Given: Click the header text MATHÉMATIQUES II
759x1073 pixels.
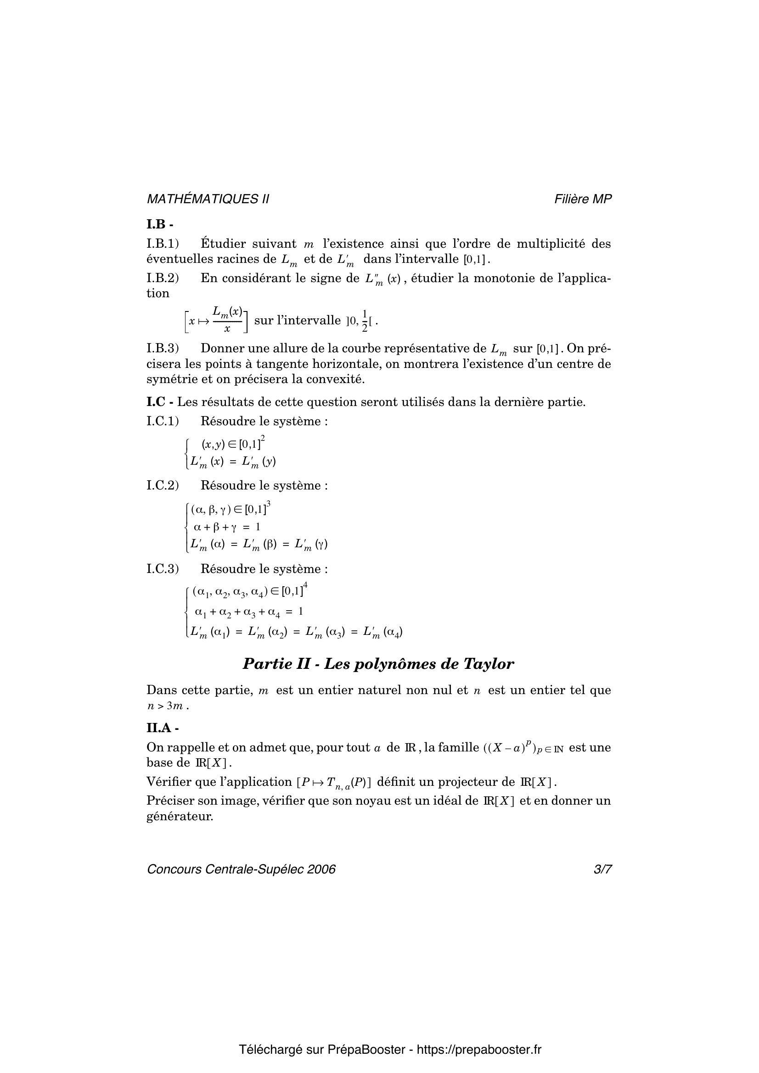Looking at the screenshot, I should [x=208, y=199].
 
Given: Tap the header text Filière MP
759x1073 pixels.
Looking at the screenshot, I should [x=583, y=199].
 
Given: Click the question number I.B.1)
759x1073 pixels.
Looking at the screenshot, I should [x=163, y=244].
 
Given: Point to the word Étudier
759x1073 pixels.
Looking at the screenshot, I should [x=222, y=244].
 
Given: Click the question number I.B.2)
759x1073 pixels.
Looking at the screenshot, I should [x=163, y=278].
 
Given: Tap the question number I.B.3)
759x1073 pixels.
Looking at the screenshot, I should [x=163, y=349].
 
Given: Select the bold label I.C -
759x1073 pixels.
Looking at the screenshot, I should [x=160, y=402].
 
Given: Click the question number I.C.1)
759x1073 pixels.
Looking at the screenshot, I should [x=163, y=422].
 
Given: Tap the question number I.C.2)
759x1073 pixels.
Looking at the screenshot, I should [x=163, y=485].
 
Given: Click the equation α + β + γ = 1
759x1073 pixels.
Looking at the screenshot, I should [x=227, y=527].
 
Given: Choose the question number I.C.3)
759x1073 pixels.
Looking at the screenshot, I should [x=163, y=569].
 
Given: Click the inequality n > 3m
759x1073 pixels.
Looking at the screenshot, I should [x=167, y=706].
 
